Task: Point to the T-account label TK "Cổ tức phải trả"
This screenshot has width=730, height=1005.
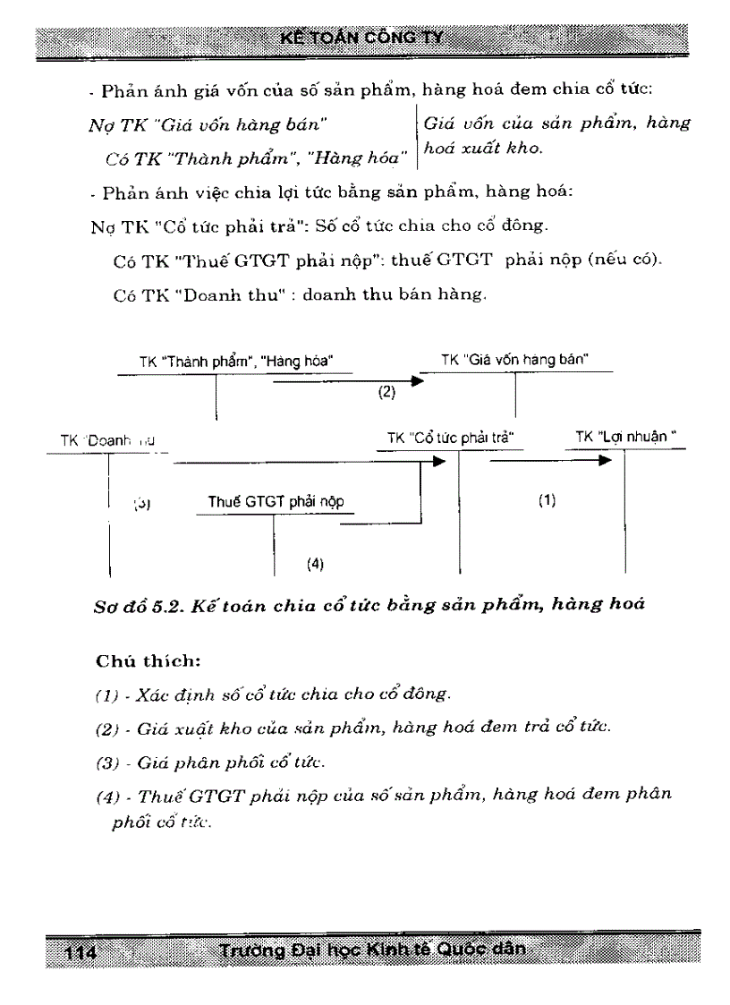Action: (x=454, y=438)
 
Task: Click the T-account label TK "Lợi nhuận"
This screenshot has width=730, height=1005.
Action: (x=625, y=438)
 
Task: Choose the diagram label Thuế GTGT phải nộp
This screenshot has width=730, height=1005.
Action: (x=276, y=502)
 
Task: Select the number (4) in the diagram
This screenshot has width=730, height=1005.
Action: (x=314, y=564)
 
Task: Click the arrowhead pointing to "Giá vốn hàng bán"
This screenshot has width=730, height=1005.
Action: (x=416, y=380)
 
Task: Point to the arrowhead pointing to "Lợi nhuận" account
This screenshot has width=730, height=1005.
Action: (x=605, y=462)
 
